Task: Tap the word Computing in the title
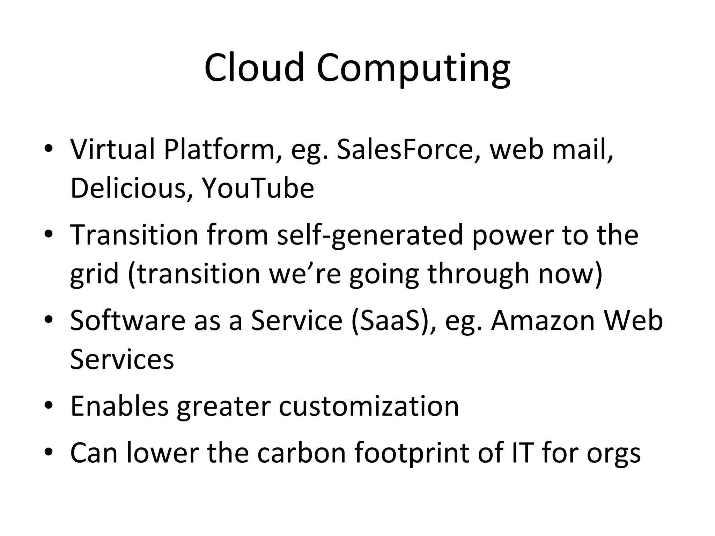point(413,69)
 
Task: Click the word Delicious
point(128,188)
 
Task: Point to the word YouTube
point(258,188)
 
